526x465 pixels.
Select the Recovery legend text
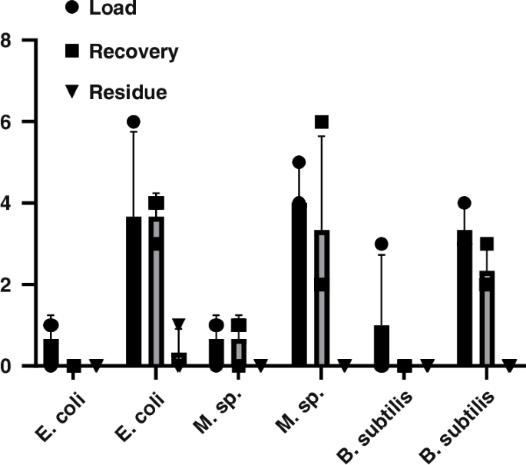pyautogui.click(x=134, y=52)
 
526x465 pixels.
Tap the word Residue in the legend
pyautogui.click(x=128, y=93)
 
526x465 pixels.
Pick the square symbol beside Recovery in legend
pyautogui.click(x=71, y=52)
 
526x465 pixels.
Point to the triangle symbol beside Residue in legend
pyautogui.click(x=71, y=93)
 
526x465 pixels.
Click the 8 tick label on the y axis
pyautogui.click(x=5, y=40)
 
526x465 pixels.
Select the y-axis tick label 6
pyautogui.click(x=5, y=121)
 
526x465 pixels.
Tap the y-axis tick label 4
pyautogui.click(x=5, y=203)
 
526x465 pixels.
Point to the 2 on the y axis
pyautogui.click(x=5, y=284)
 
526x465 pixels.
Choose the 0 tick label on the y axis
pyautogui.click(x=5, y=366)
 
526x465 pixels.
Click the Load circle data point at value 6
pyautogui.click(x=134, y=121)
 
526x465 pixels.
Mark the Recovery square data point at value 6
pyautogui.click(x=321, y=121)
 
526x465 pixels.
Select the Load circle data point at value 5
pyautogui.click(x=299, y=162)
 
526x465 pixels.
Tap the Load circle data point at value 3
pyautogui.click(x=382, y=244)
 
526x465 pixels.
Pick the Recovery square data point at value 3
pyautogui.click(x=487, y=244)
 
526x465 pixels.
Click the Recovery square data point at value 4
pyautogui.click(x=156, y=203)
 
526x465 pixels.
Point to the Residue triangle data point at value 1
pyautogui.click(x=178, y=324)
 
